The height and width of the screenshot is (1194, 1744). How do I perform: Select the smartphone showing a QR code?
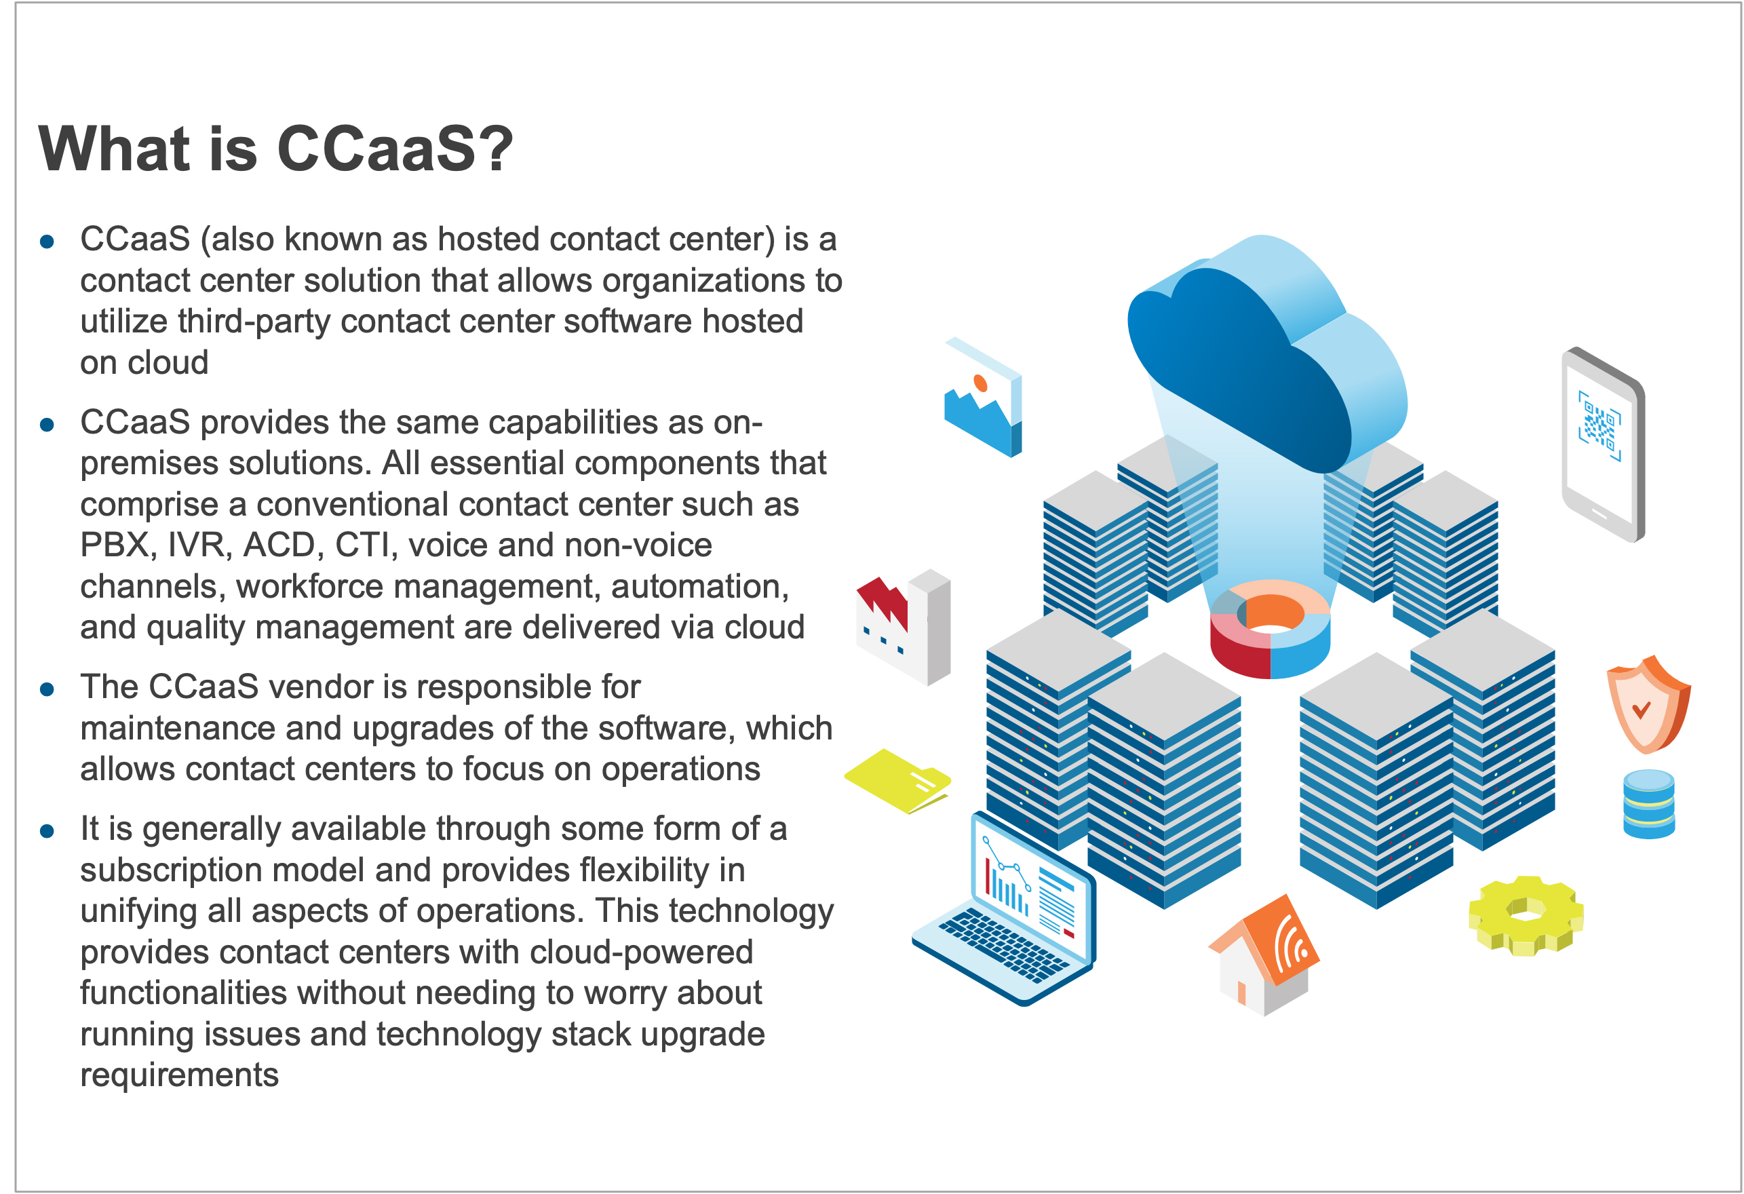1603,444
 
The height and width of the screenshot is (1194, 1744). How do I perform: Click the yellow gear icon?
1526,916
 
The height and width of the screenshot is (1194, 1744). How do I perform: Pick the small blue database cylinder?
1649,804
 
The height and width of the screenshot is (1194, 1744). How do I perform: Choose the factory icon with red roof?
904,627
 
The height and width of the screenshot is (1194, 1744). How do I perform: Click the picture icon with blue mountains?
983,397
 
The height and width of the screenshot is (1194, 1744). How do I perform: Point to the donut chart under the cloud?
1270,629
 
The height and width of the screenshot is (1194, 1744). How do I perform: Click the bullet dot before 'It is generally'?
47,832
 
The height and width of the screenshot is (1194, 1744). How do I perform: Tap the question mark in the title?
495,149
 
